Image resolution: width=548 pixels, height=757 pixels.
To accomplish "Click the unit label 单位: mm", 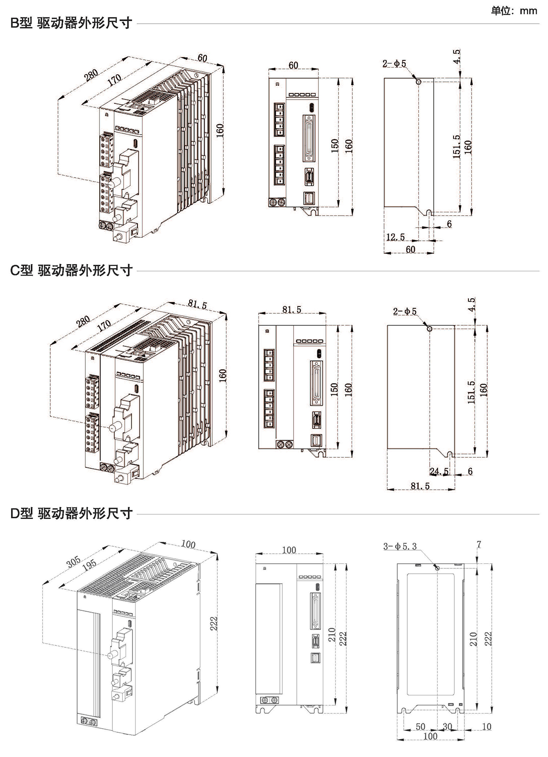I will [x=514, y=11].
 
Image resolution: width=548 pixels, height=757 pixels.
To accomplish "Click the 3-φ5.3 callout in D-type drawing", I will [x=400, y=546].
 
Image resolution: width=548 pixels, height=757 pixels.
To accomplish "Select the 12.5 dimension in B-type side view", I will [x=395, y=237].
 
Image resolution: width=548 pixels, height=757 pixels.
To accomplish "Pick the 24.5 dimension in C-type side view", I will [x=439, y=471].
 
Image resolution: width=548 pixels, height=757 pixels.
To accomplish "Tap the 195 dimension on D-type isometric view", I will [x=89, y=564].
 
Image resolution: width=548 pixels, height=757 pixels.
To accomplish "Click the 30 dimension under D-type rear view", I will [x=447, y=726].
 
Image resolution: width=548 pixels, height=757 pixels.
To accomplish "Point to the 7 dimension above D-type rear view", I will [x=479, y=545].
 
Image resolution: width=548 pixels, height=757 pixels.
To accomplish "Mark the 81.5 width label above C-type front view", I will [x=292, y=309].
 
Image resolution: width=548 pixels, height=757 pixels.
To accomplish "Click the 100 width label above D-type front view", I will [x=289, y=550].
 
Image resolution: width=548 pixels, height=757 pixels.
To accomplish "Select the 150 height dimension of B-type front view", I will [x=335, y=146].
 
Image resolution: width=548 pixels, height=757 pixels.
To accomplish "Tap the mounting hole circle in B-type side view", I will [x=419, y=81].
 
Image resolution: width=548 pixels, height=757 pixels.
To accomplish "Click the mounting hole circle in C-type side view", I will [x=429, y=328].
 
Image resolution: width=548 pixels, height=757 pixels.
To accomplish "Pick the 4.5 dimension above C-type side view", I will [x=472, y=304].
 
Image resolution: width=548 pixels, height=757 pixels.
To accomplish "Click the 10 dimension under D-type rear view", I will [x=487, y=726].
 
